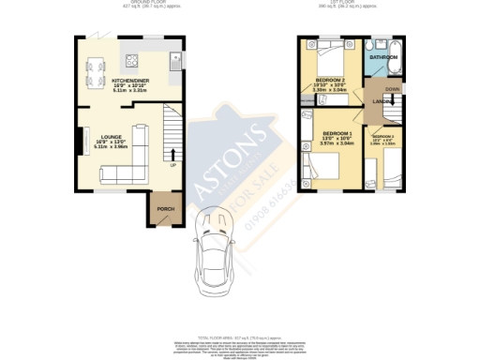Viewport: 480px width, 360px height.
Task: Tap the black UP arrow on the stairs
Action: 172,155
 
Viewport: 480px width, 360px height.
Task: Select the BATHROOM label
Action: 382,58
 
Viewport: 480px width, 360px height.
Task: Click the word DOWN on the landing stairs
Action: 392,91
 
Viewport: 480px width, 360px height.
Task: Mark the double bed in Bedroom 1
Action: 324,168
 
